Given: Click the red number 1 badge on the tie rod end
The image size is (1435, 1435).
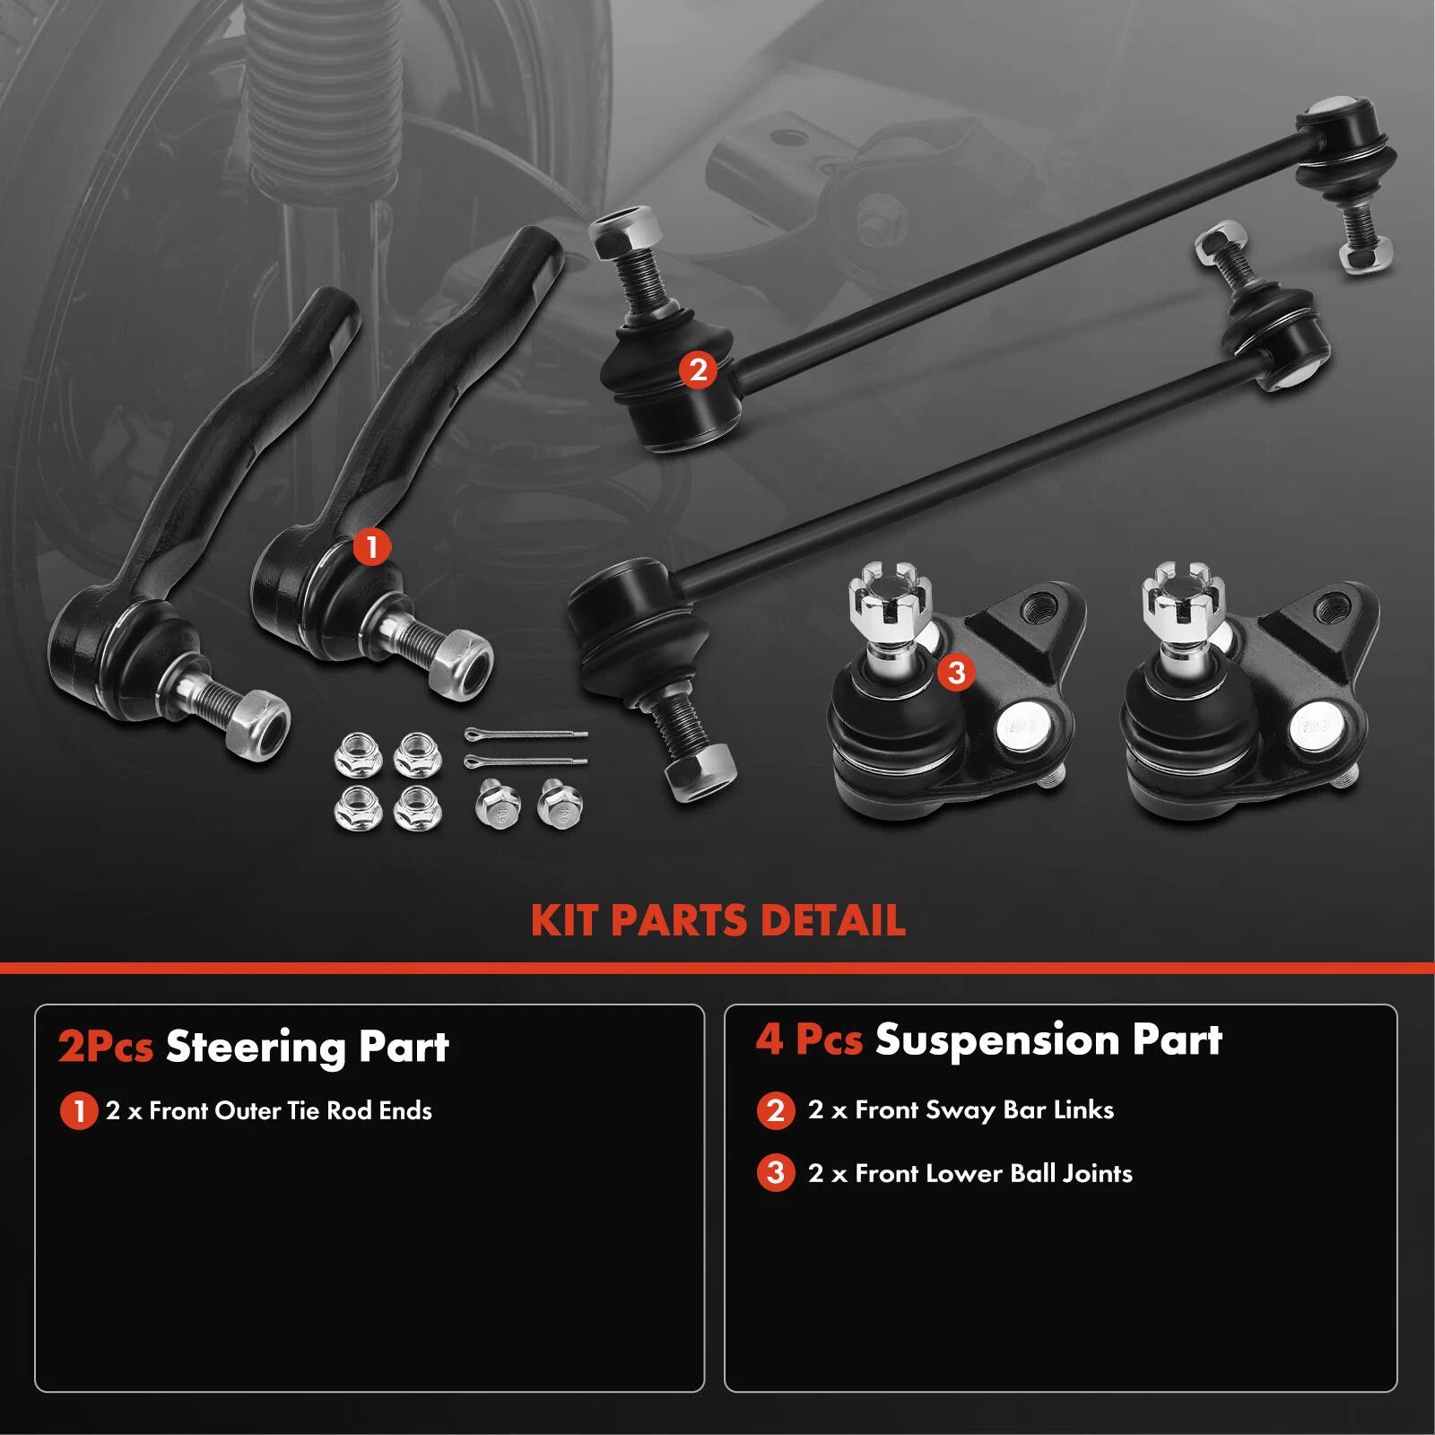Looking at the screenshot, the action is click(371, 545).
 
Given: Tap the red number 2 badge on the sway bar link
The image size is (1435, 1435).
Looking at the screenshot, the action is click(698, 370).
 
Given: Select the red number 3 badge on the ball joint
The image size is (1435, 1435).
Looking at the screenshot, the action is click(956, 672).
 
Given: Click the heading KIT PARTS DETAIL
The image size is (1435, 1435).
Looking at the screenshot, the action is click(717, 921).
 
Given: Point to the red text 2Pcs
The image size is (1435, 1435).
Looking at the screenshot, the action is click(105, 1048).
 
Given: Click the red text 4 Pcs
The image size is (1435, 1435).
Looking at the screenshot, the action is click(809, 1040).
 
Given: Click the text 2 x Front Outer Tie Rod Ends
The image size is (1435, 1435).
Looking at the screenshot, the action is click(269, 1111).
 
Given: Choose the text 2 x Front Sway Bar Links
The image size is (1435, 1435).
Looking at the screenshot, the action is click(961, 1110).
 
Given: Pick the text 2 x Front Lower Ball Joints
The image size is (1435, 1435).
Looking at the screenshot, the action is click(970, 1174).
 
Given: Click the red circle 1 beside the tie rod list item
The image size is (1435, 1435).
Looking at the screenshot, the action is click(78, 1112).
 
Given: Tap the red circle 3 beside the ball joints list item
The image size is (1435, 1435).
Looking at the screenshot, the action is click(776, 1174).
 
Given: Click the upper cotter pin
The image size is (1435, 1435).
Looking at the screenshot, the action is click(526, 735).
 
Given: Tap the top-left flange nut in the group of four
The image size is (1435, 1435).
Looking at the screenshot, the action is click(357, 754).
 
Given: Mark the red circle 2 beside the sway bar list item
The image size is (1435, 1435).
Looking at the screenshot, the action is click(776, 1111).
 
